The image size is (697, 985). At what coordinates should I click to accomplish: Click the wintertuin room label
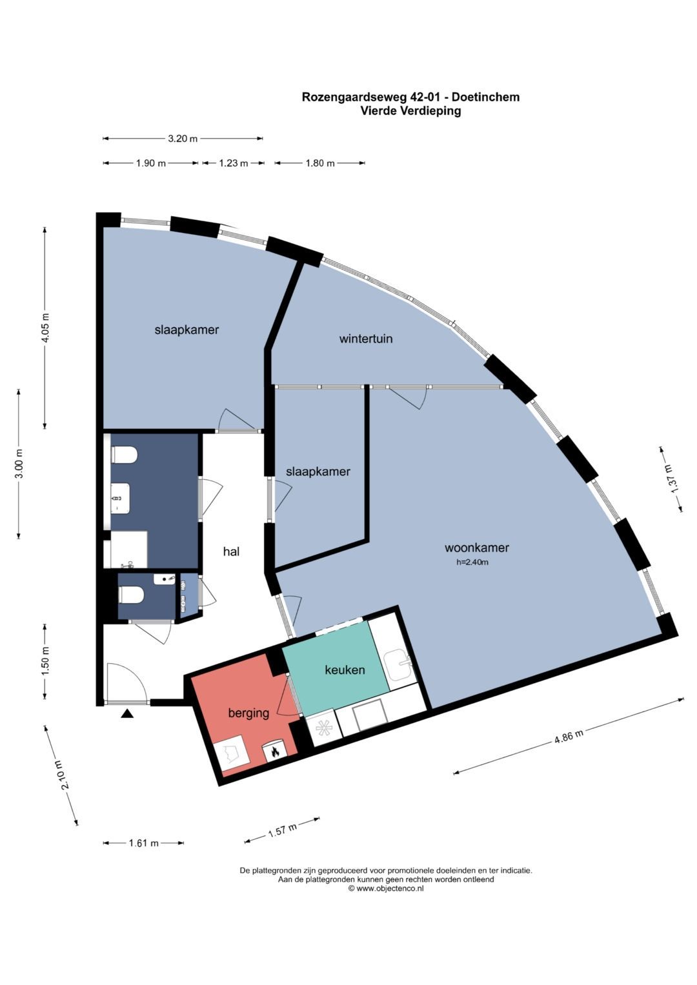pos(366,339)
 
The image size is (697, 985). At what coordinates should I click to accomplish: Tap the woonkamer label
pos(476,548)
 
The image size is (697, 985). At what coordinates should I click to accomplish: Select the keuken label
pos(345,670)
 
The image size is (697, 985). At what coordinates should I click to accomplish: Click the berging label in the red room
pos(248,713)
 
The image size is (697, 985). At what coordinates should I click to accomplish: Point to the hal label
pos(231,552)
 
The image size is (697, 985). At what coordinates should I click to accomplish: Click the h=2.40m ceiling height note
pos(472,562)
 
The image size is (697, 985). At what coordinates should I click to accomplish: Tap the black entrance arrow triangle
pos(127,713)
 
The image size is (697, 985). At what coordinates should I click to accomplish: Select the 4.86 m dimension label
pos(569,736)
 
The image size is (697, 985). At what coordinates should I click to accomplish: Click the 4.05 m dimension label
pos(45,329)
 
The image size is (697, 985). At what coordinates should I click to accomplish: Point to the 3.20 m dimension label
pos(183,139)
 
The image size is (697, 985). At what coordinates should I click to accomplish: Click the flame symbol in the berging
pos(274,752)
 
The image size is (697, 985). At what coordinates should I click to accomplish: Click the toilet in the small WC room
pos(131,595)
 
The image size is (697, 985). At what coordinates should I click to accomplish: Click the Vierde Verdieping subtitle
pos(410,111)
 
